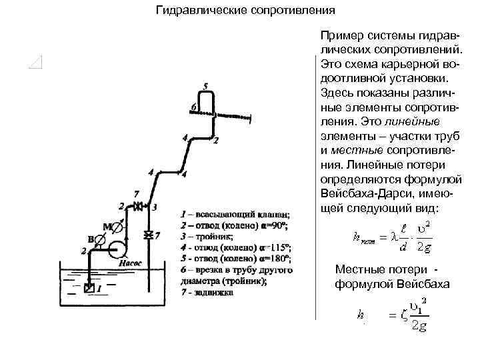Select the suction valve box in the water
click(x=90, y=289)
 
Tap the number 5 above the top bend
click(x=206, y=86)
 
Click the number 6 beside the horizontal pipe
click(x=193, y=107)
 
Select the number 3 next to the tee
click(x=155, y=207)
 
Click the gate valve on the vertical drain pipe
click(x=149, y=234)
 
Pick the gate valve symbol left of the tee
click(x=139, y=207)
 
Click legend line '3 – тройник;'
click(x=207, y=236)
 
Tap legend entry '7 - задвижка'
click(x=207, y=292)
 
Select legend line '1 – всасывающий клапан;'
click(x=235, y=214)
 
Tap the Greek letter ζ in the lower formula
click(x=404, y=315)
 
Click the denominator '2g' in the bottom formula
click(x=420, y=326)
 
